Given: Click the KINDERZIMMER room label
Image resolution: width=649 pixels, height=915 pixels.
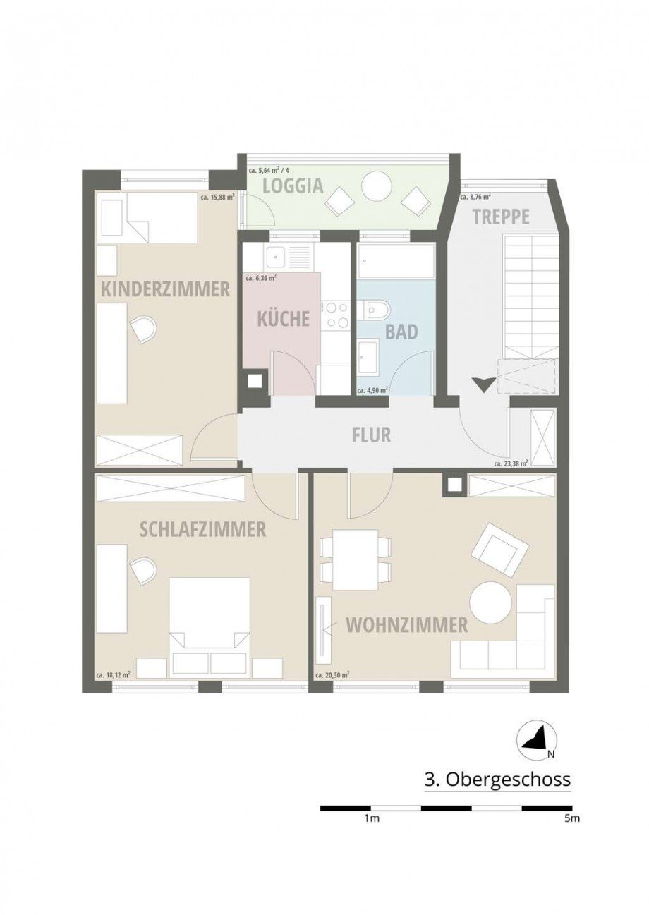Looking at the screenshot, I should (x=166, y=289).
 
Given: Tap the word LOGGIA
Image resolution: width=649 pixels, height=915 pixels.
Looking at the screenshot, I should (x=292, y=186).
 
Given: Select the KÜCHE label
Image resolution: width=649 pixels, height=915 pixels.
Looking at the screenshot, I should (x=283, y=318).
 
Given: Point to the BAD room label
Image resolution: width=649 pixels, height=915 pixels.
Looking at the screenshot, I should (x=401, y=331).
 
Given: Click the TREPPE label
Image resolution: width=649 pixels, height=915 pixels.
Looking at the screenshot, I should (x=501, y=217).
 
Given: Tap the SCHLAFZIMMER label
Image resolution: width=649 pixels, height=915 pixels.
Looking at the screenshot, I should (x=203, y=529).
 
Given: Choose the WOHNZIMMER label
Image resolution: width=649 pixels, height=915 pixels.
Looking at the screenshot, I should (x=406, y=624).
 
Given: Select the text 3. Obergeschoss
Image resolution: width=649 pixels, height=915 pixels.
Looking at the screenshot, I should (x=497, y=780).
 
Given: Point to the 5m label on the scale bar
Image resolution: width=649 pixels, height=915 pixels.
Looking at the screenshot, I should (x=572, y=819).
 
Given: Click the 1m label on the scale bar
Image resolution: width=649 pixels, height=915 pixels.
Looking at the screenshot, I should (x=372, y=819).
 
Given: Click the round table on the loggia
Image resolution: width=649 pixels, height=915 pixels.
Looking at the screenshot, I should (x=376, y=188).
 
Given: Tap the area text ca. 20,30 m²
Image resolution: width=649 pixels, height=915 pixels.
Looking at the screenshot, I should (x=333, y=675).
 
